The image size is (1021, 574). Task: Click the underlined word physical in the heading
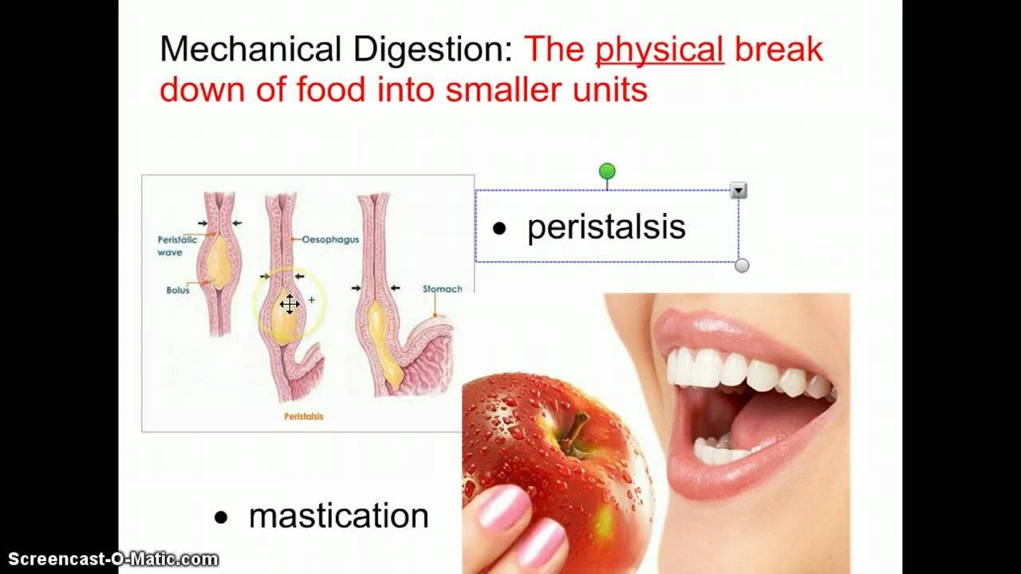(660, 50)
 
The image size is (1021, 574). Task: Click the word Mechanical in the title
(250, 49)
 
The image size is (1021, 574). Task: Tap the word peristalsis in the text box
(606, 226)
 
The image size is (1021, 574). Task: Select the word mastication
(339, 516)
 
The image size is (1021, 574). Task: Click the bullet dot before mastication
(221, 517)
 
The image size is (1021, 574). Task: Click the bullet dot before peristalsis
(499, 228)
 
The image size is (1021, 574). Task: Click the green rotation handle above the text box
(607, 171)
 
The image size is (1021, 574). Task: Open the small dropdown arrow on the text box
(739, 191)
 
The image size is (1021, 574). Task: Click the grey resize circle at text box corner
(742, 265)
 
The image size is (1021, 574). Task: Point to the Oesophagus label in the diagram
(330, 240)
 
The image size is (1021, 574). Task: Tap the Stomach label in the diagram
(442, 289)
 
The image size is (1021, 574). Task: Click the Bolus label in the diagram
(178, 290)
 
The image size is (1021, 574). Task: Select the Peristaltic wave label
(177, 246)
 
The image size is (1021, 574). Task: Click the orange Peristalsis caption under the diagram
(304, 416)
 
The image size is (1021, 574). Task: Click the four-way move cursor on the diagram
(290, 305)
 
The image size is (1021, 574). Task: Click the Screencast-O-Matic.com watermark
(113, 559)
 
